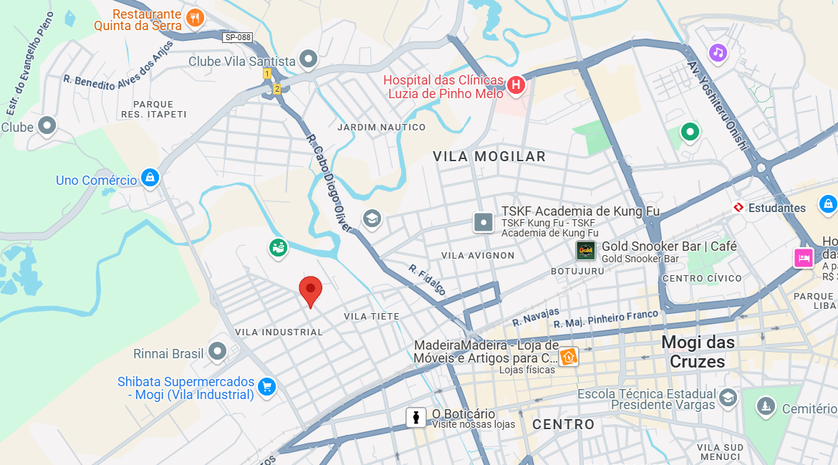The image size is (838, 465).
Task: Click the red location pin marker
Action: tap(310, 290)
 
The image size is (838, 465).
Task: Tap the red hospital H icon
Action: tap(515, 86)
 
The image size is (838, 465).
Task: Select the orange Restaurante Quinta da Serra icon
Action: tap(194, 17)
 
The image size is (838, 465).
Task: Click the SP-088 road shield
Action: tap(237, 37)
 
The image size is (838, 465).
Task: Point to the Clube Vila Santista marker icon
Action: tap(309, 59)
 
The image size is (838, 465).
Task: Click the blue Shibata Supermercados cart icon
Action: tap(266, 387)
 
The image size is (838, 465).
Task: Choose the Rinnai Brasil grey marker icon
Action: tap(216, 352)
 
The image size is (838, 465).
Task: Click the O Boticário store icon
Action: tap(416, 417)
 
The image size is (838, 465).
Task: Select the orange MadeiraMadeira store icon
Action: tap(569, 355)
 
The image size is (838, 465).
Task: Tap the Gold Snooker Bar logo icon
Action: tap(586, 250)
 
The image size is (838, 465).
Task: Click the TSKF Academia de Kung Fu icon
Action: tap(484, 222)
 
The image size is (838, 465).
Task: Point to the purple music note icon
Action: tap(718, 52)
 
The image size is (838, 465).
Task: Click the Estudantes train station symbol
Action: tap(738, 208)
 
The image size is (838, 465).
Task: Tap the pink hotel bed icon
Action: tap(803, 257)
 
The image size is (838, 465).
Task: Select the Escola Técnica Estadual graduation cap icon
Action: tap(728, 398)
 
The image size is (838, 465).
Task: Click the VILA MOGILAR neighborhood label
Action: tap(489, 156)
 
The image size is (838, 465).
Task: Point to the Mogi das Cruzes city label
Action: tap(698, 352)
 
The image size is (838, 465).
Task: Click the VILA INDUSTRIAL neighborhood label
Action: tap(279, 332)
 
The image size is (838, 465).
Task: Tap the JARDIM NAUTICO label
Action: tap(381, 128)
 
